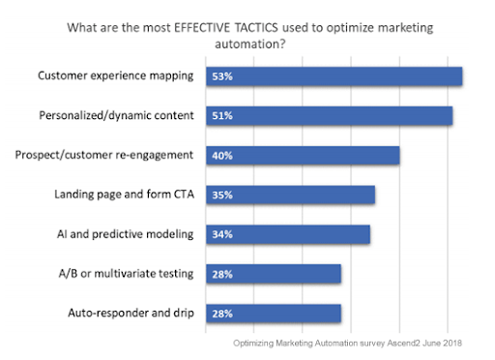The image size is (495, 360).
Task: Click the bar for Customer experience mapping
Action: click(335, 76)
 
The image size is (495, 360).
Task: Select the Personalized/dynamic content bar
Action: click(330, 116)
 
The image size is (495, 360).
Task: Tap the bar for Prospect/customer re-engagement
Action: click(303, 155)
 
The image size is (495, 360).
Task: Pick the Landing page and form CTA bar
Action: click(290, 195)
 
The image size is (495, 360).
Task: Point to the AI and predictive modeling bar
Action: click(288, 234)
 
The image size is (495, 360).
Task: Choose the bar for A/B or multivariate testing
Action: click(274, 274)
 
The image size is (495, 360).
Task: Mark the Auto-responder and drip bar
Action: click(274, 313)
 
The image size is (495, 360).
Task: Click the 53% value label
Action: click(222, 76)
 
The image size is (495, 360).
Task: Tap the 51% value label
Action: click(222, 116)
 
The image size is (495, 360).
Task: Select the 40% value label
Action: click(222, 155)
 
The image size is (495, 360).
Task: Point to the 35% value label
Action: click(222, 195)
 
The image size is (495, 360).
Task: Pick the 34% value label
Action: click(222, 234)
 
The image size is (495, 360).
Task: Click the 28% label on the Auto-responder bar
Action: click(222, 313)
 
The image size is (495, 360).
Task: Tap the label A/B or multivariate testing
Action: click(130, 274)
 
